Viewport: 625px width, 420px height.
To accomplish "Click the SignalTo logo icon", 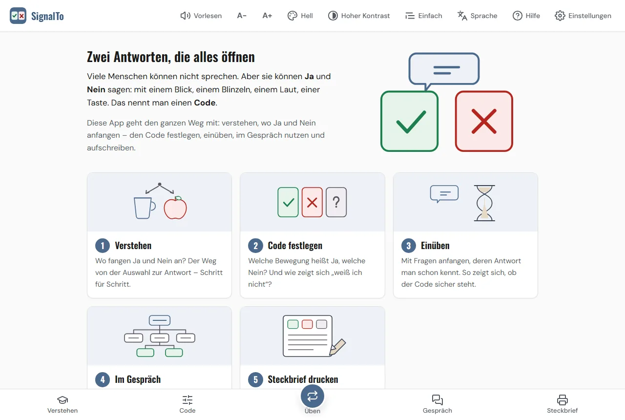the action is tap(18, 16).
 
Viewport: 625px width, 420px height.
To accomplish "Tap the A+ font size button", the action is tap(267, 16).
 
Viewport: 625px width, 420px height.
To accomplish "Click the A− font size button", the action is tap(242, 16).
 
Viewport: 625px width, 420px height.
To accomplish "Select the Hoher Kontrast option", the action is tap(359, 16).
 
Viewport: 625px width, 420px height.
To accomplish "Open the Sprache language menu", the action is tap(477, 16).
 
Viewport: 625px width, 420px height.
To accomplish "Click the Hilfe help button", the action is tap(526, 16).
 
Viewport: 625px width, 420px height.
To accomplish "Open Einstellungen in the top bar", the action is tap(583, 16).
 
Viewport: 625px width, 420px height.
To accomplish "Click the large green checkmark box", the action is tap(409, 122).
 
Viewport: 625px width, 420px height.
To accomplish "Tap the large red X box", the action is tap(484, 122).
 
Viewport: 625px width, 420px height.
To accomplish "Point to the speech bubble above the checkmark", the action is tap(444, 70).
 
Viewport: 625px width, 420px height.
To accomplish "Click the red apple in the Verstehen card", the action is tap(175, 208).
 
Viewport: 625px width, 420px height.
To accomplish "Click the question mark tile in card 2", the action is tap(336, 202).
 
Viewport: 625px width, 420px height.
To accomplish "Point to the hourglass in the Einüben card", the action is tap(484, 203).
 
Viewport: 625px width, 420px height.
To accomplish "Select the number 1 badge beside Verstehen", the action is tap(103, 246).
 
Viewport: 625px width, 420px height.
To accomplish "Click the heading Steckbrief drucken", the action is tap(303, 379).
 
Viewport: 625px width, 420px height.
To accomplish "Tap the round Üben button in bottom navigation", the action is tap(312, 396).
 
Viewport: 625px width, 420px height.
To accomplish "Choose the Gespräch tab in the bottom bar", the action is tap(437, 404).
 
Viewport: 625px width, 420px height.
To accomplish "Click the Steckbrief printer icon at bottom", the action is tap(562, 400).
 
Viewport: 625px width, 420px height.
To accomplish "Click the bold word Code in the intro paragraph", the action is tap(205, 103).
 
